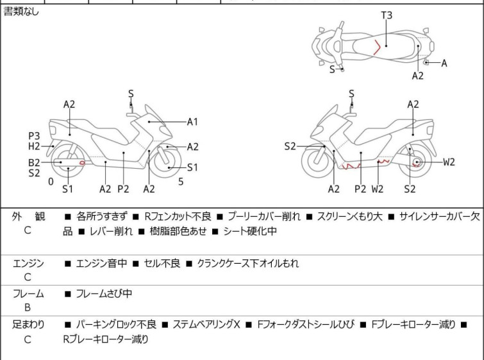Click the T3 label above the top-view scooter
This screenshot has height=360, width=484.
point(387,15)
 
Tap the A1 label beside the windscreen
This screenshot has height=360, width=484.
point(192,122)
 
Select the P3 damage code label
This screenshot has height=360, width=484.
point(34,136)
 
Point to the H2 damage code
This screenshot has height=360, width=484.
point(34,146)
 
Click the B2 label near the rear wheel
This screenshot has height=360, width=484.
point(34,162)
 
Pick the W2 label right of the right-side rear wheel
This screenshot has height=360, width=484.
point(449,162)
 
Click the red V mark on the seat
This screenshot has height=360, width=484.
point(377,47)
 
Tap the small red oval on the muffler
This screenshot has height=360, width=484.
point(82,163)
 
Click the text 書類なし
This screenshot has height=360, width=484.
point(21,12)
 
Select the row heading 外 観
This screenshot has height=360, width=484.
point(28,217)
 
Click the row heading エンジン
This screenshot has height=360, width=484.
point(28,264)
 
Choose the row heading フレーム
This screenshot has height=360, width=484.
point(28,293)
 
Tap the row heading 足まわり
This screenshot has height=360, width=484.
point(28,325)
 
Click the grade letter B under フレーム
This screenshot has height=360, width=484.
point(28,307)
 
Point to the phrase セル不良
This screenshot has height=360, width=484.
point(162,263)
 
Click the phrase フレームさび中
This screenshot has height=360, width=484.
point(104,293)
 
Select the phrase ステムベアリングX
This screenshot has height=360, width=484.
point(206,324)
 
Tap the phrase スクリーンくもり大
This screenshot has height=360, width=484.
point(350,216)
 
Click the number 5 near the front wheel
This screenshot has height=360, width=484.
point(181,182)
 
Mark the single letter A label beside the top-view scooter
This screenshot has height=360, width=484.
point(444,64)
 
